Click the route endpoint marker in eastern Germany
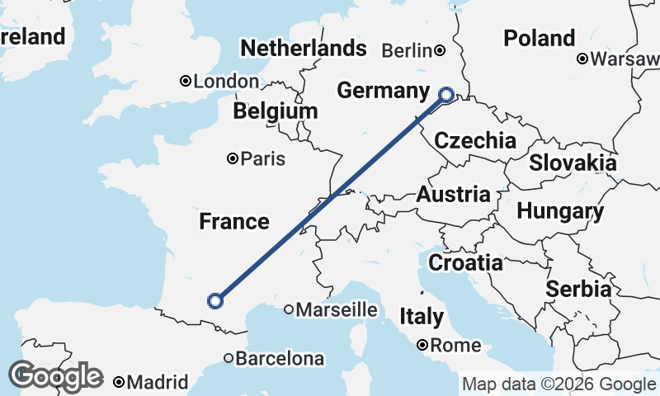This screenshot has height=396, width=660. point(446,95)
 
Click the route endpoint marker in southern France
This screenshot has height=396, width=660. point(215,300)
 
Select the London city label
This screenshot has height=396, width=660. point(226,81)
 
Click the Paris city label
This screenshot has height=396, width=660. point(263,158)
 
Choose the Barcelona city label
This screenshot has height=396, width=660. point(280,359)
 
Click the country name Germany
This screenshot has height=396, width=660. point(384,91)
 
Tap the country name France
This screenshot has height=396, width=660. point(234,221)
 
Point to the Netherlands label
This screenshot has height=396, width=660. point(303,48)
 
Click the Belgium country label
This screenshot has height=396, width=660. point(275,111)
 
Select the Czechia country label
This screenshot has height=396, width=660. point(475,140)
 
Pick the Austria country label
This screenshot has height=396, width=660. point(453,195)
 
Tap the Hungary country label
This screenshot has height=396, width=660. point(560,211)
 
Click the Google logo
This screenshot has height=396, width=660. point(55,376)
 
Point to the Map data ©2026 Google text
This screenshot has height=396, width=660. point(559,384)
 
